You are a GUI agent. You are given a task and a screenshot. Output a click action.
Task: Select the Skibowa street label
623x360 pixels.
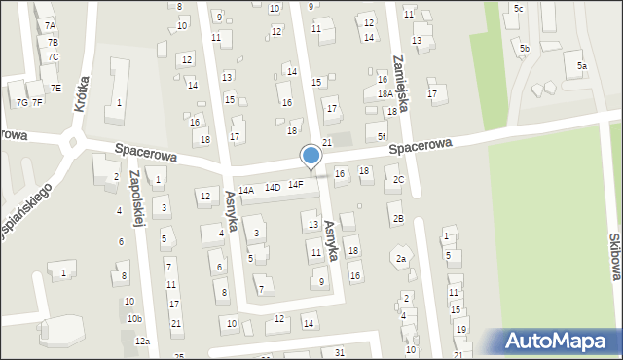(613, 255)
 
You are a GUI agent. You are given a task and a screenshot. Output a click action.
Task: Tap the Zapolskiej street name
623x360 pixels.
(137, 195)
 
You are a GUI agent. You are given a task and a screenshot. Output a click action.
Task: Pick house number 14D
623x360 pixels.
(273, 187)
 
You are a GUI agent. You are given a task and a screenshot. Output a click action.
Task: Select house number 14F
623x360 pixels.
(295, 184)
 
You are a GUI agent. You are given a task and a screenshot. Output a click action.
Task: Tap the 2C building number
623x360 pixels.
(398, 179)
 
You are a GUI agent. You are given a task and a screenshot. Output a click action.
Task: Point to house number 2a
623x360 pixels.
(400, 258)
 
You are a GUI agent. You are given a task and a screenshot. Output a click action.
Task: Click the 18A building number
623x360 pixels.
(385, 94)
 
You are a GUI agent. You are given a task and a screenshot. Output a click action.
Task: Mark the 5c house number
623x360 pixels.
(518, 9)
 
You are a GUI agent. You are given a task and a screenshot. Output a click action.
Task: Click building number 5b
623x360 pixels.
(524, 48)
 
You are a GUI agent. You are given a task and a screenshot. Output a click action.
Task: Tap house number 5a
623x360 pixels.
(581, 65)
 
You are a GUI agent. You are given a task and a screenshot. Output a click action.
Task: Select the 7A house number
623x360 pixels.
(51, 25)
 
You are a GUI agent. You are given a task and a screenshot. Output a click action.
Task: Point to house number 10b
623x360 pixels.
(133, 318)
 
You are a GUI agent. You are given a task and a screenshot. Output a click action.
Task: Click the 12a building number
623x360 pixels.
(142, 341)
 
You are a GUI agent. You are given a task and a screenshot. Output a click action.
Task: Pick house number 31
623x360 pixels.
(339, 351)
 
